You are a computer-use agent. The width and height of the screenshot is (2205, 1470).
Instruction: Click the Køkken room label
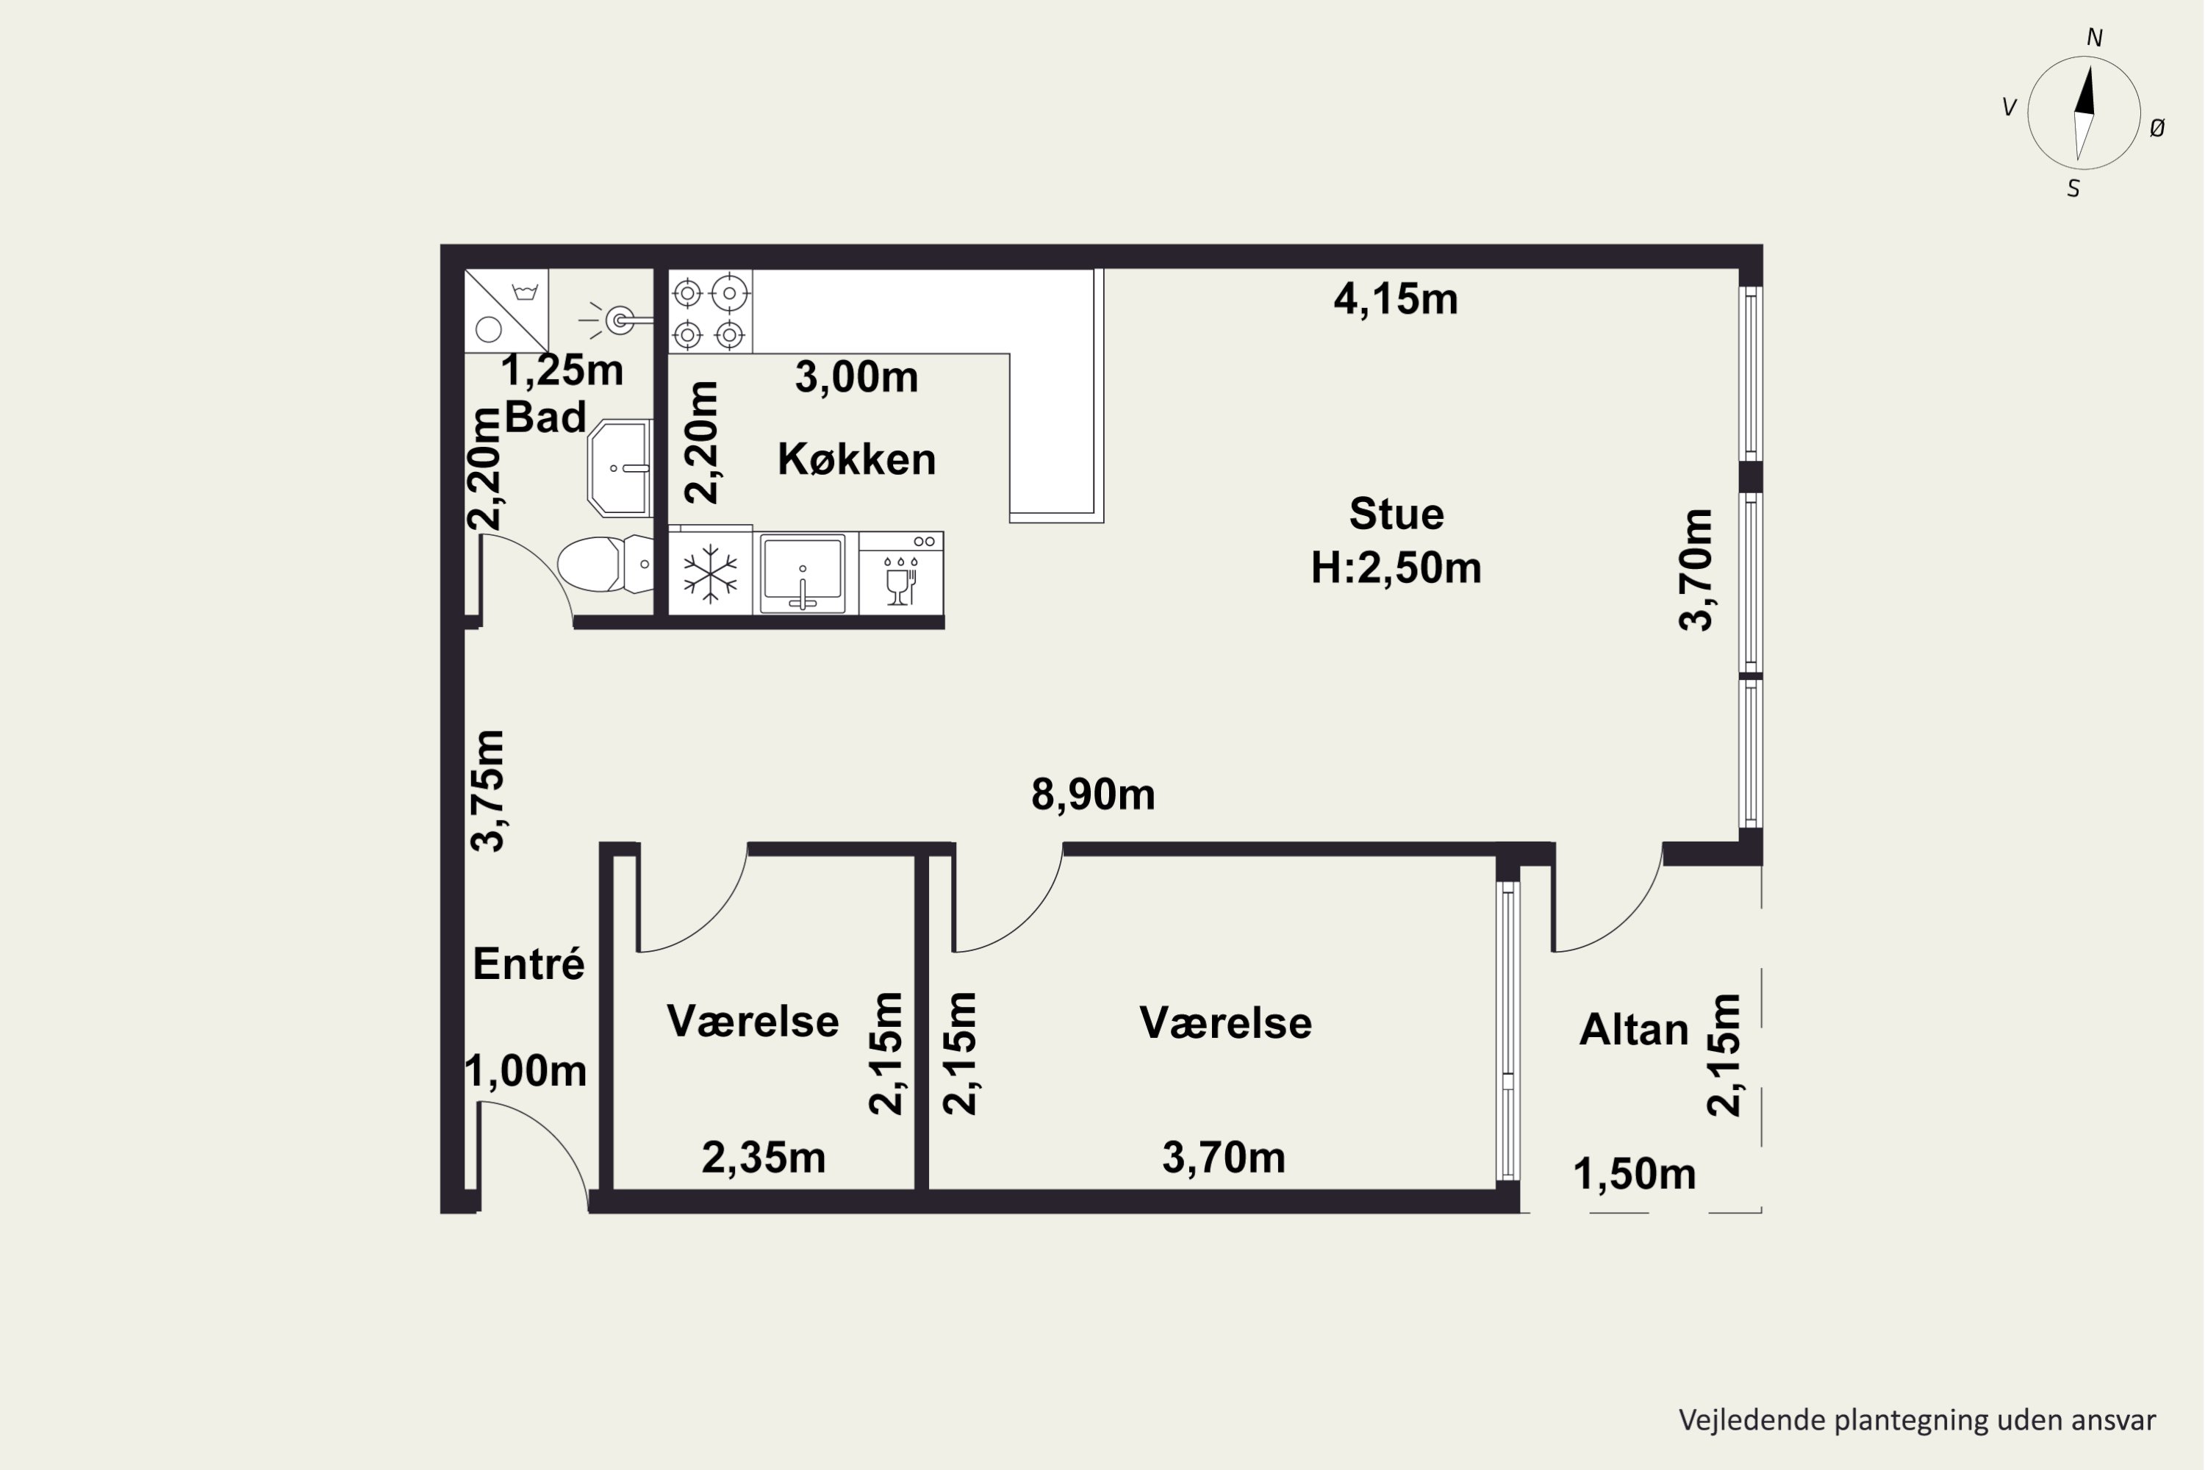[x=857, y=459]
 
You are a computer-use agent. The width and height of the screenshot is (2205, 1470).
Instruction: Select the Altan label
[x=1634, y=1030]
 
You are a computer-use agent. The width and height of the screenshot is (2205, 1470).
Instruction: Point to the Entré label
[x=528, y=964]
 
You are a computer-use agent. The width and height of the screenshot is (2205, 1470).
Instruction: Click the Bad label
[x=545, y=416]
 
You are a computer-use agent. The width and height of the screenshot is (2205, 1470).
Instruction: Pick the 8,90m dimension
[x=1093, y=795]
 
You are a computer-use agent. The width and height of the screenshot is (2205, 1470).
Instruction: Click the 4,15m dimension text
[x=1396, y=299]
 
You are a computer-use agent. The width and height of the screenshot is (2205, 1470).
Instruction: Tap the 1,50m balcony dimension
[x=1634, y=1175]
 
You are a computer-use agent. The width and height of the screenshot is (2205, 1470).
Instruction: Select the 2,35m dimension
[x=763, y=1158]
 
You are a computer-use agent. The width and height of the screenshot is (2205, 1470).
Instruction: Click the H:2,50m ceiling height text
[x=1396, y=568]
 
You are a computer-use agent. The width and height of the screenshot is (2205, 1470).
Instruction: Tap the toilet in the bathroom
[x=606, y=564]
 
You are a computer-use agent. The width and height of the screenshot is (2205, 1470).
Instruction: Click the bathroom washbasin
[x=620, y=467]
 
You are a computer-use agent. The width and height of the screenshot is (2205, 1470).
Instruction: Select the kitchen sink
[x=803, y=573]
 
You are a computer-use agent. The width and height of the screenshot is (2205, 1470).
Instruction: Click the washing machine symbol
[x=506, y=311]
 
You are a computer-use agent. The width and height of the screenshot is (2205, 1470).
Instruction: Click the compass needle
[x=2083, y=113]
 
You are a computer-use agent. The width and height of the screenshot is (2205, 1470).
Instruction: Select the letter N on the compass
[x=2094, y=38]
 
